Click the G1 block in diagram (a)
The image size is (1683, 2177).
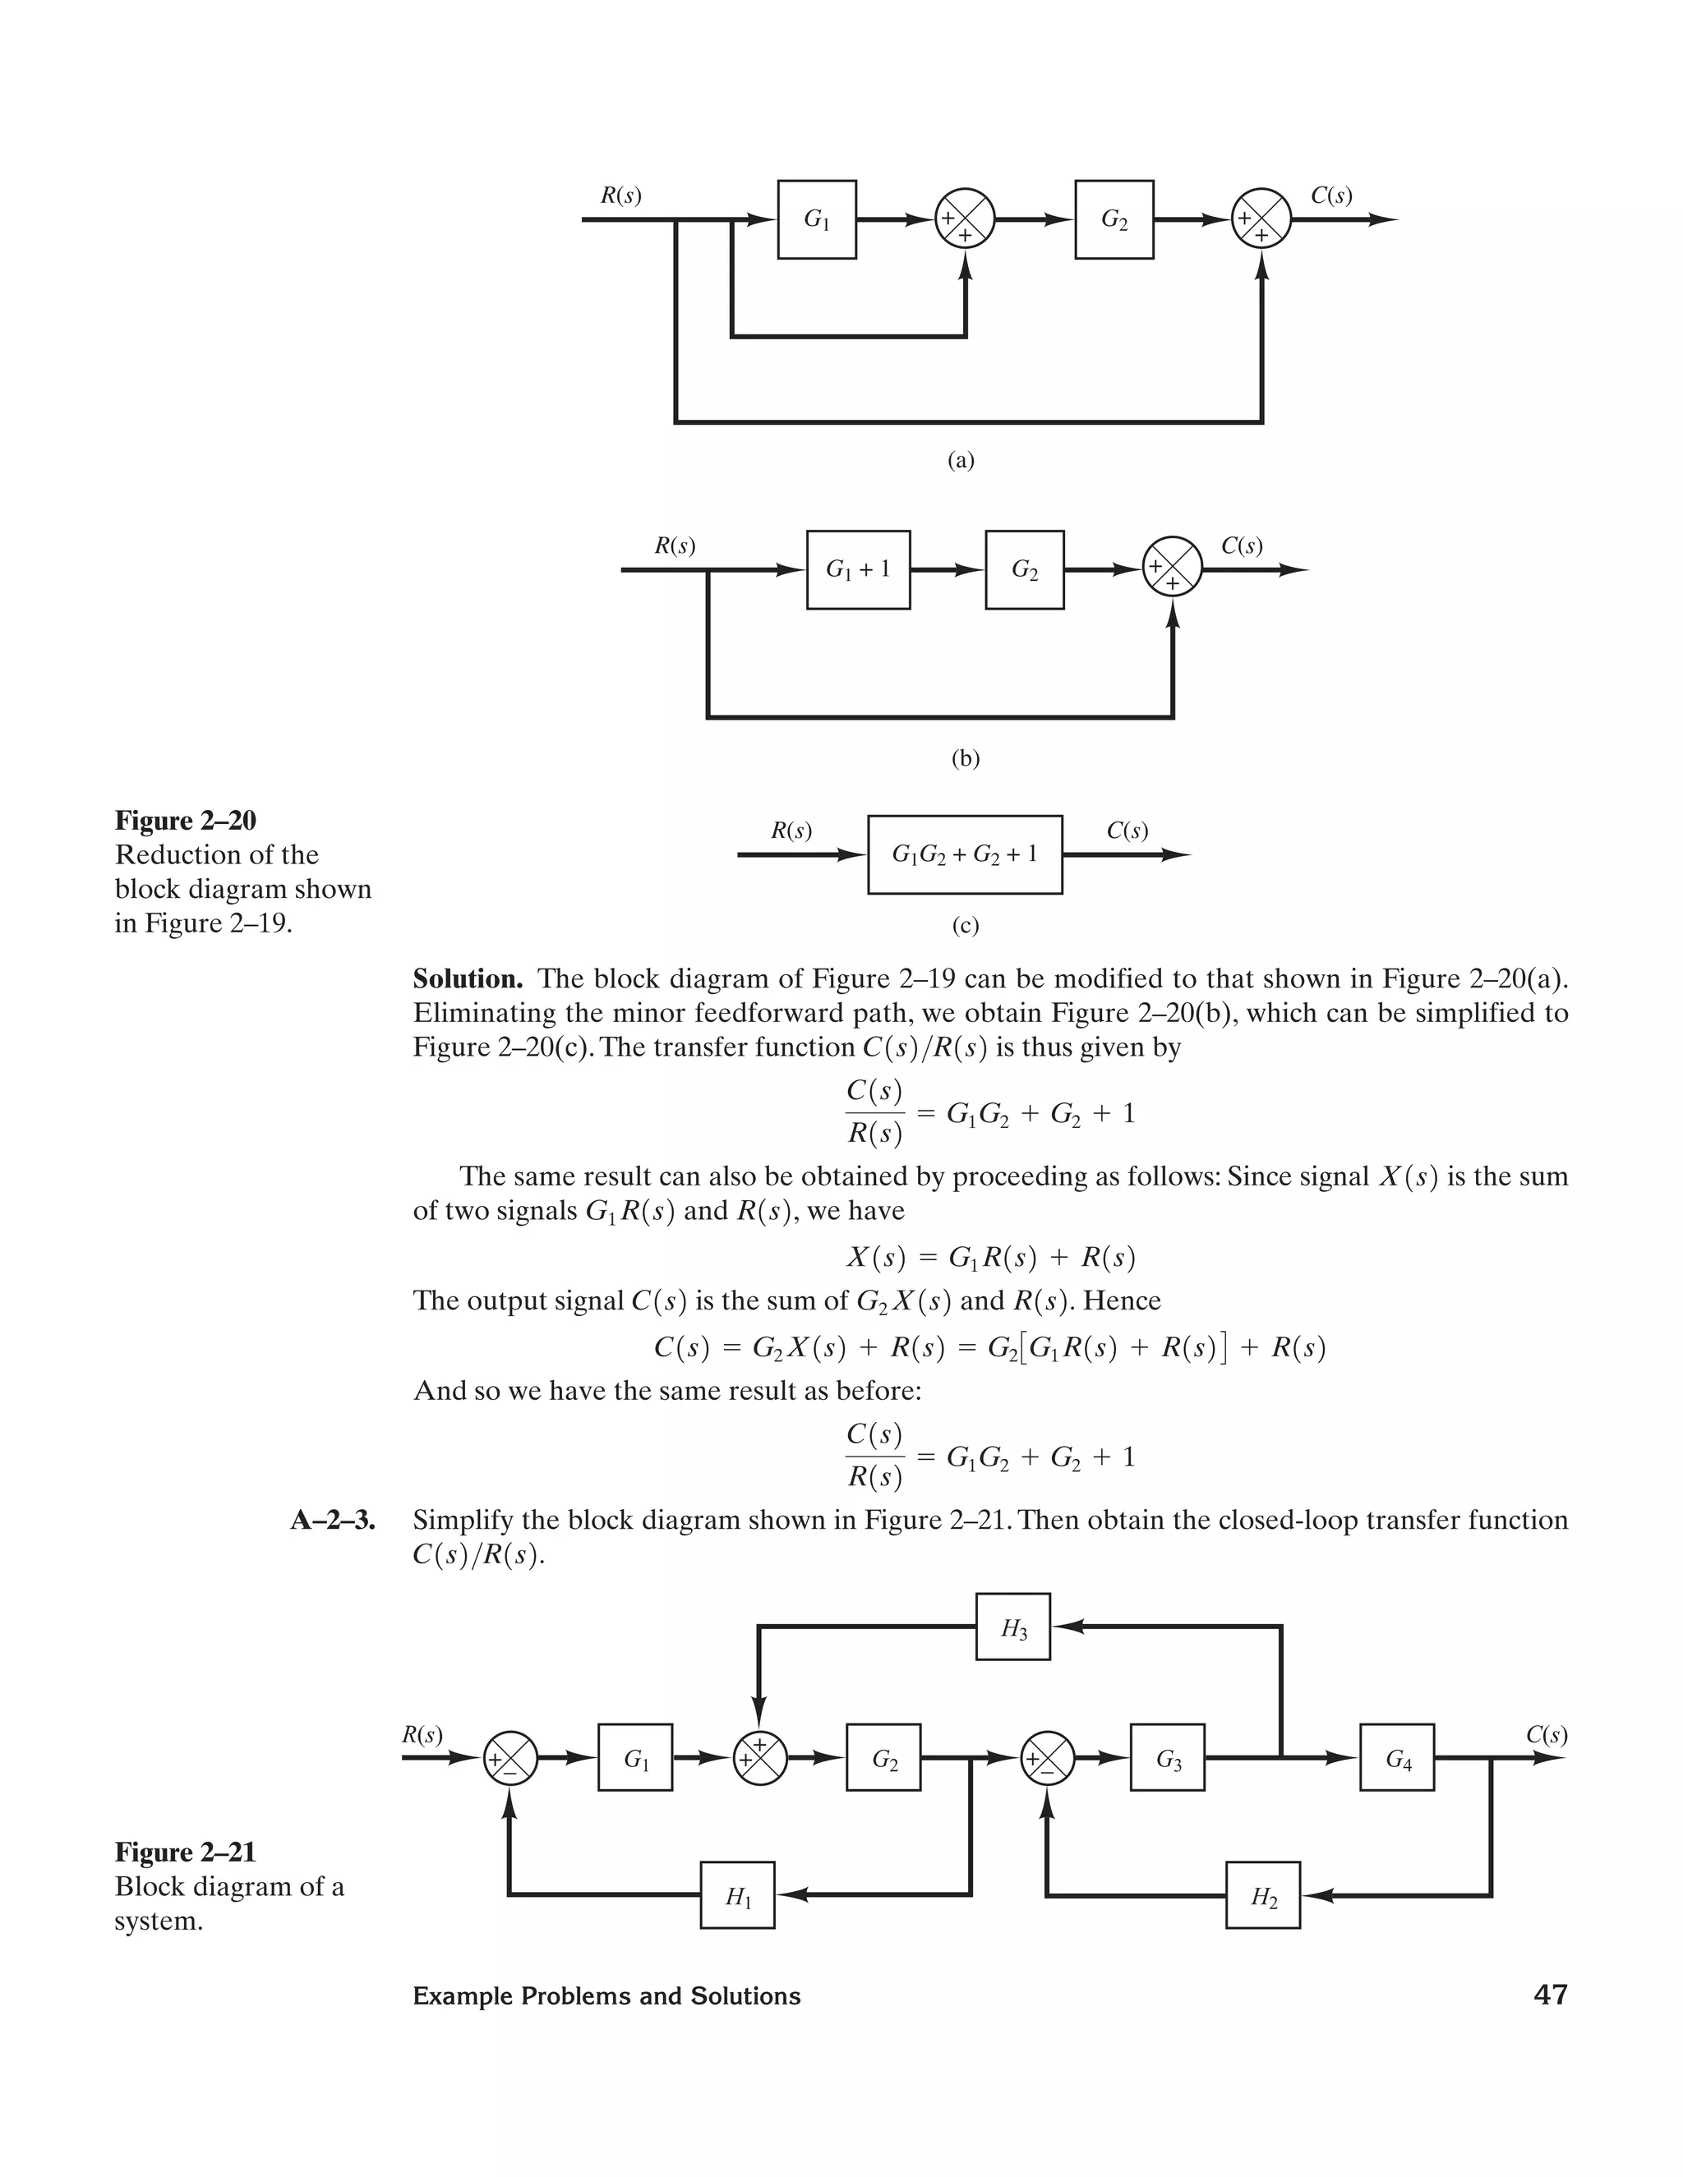(x=817, y=219)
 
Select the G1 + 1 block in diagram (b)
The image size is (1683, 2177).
(x=857, y=570)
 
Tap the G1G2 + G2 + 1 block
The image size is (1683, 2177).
(x=964, y=854)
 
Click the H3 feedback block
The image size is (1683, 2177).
(x=1013, y=1627)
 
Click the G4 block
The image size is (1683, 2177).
(x=1397, y=1758)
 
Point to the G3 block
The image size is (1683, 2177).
(x=1168, y=1758)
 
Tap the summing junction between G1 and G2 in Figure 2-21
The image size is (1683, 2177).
(x=760, y=1758)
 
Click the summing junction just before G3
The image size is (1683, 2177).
(x=1048, y=1758)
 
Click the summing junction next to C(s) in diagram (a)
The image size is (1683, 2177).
(x=1261, y=219)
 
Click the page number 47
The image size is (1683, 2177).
(x=1551, y=1995)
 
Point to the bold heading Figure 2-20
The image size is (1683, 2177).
(x=186, y=821)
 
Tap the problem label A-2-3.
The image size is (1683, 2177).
(x=333, y=1520)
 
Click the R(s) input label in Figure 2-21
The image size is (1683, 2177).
(x=422, y=1735)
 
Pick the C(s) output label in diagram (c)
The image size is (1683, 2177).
(x=1127, y=831)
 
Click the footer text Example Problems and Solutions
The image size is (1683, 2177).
(x=606, y=1996)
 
